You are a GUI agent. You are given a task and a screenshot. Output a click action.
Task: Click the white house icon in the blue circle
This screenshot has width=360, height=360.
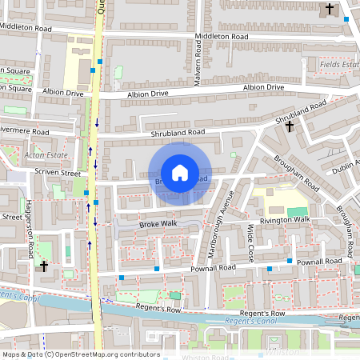(x=180, y=173)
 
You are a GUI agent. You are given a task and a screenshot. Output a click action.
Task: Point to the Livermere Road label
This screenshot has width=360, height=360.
(x=24, y=131)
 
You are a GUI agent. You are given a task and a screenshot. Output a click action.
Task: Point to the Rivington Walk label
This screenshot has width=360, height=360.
(x=283, y=220)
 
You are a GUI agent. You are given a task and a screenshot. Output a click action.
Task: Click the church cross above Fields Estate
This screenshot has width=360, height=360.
(x=330, y=9)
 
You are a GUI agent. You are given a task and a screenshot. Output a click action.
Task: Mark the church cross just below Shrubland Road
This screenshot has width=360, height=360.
(x=290, y=126)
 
